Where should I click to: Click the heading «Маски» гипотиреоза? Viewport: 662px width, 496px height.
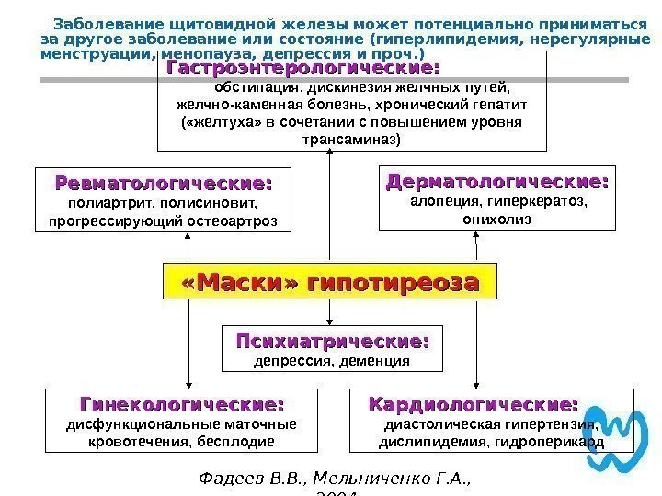tap(330, 282)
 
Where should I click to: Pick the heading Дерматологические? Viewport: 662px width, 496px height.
tap(497, 181)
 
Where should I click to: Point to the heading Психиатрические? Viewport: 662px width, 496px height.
tap(332, 342)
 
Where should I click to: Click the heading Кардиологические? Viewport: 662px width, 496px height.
tap(474, 405)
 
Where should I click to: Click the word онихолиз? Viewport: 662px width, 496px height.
tap(496, 220)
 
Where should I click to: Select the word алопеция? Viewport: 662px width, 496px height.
tap(438, 201)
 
